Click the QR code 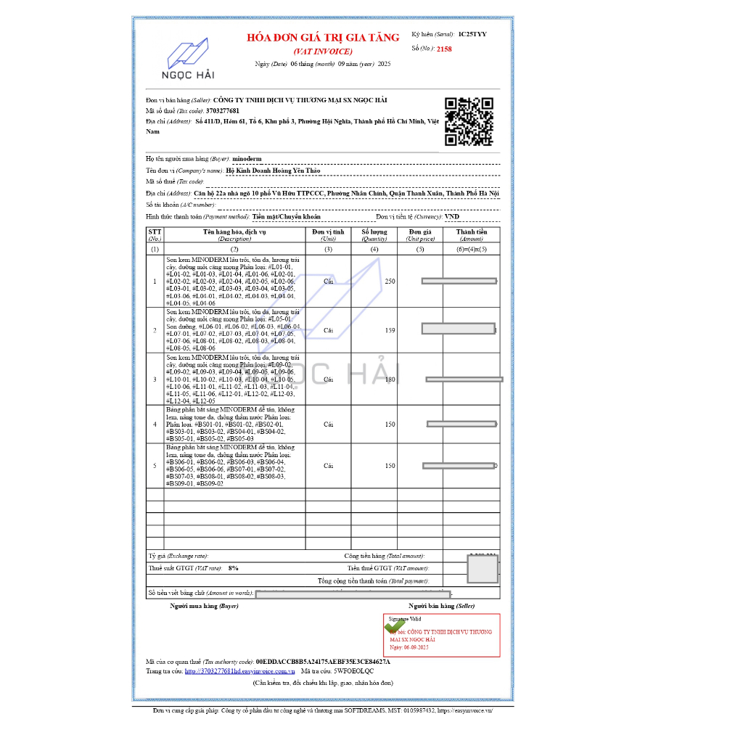[x=469, y=121]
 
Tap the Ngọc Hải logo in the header [x=188, y=59]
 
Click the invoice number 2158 [x=444, y=49]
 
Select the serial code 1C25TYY [x=472, y=34]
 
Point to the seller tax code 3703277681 [x=223, y=110]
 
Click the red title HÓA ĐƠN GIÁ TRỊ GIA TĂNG [x=323, y=38]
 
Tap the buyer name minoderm [x=247, y=158]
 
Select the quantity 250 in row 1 [x=390, y=281]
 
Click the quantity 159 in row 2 [x=390, y=330]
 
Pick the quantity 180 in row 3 [x=390, y=379]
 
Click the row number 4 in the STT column [x=155, y=424]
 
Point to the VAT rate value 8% [x=233, y=568]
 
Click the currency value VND [x=452, y=216]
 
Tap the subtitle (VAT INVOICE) [x=323, y=52]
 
